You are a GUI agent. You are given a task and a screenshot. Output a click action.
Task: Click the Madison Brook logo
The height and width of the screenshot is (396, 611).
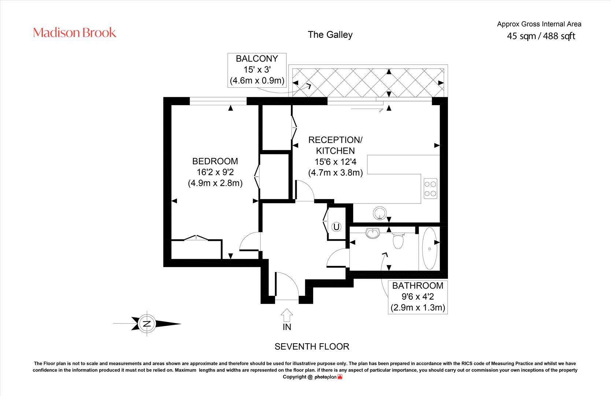(75, 33)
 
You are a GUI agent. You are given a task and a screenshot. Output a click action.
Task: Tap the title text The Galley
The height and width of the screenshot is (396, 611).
(330, 34)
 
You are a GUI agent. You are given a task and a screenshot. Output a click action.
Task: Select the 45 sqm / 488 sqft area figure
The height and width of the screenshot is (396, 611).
(541, 36)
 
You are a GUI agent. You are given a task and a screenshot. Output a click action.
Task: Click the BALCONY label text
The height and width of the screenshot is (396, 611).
(257, 59)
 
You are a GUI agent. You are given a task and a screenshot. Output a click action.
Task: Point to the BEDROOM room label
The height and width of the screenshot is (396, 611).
(215, 161)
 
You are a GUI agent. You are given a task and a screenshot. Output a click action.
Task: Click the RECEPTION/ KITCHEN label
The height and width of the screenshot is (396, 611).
(335, 145)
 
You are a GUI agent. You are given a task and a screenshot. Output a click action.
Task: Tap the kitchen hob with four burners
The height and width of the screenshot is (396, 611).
(430, 188)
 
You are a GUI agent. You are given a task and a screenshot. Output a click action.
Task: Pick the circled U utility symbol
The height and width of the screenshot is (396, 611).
(336, 227)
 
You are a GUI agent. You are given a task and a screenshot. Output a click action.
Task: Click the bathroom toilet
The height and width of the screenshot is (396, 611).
(398, 241)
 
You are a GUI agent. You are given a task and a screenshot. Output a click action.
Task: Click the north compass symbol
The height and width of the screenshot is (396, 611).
(147, 324)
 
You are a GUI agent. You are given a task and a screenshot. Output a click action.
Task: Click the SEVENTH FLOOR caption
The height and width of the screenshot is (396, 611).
(312, 346)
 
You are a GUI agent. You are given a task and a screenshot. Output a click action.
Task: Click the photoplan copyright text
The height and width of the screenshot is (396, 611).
(312, 377)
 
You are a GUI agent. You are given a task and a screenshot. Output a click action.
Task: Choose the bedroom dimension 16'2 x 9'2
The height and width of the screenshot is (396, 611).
(215, 172)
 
